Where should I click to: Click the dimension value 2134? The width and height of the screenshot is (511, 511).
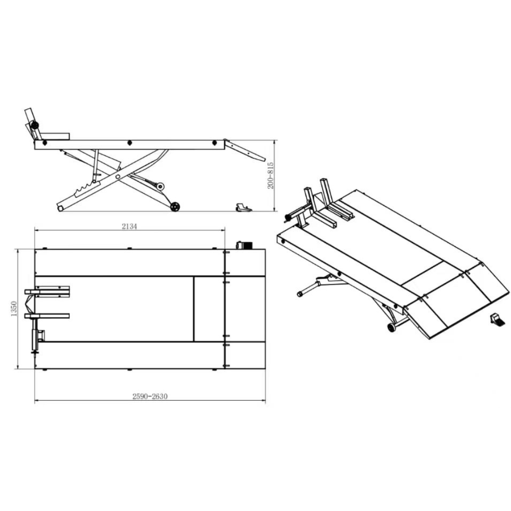(129, 226)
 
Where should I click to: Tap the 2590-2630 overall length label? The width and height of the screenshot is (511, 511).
(150, 396)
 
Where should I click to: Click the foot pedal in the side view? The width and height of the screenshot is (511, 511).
(243, 206)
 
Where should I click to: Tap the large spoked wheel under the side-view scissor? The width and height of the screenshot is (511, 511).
(176, 207)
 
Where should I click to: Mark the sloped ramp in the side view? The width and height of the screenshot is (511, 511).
(244, 150)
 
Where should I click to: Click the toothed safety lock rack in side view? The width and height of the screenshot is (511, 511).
(86, 189)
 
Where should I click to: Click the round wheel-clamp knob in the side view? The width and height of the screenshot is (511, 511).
(34, 125)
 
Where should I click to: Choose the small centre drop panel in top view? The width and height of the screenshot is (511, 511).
(208, 309)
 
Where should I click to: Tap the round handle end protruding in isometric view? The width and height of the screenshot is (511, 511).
(299, 294)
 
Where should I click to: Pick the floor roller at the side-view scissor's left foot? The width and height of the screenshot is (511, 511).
(60, 208)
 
